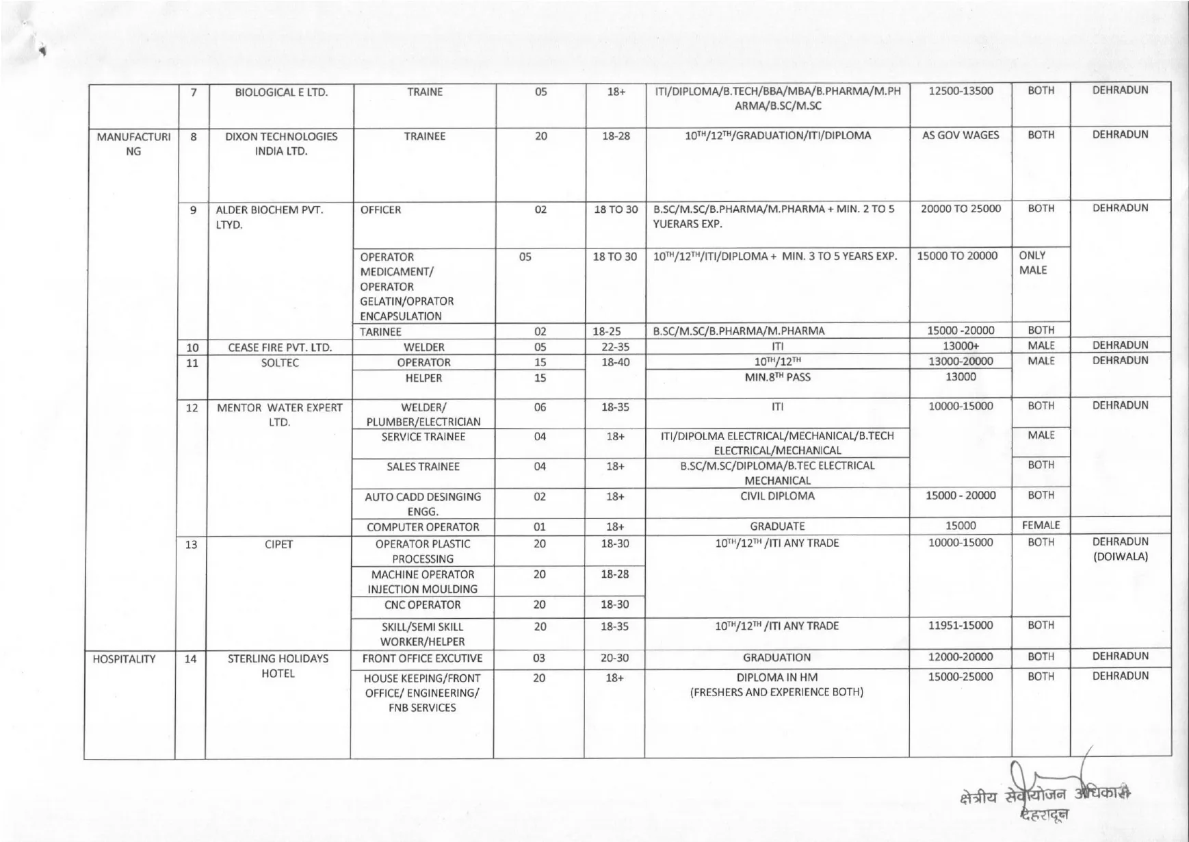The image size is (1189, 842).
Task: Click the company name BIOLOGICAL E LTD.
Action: (281, 92)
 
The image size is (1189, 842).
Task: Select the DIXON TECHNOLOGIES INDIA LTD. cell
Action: (281, 144)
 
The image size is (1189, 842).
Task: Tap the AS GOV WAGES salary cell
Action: (960, 136)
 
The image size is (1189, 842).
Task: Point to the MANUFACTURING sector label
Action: (133, 144)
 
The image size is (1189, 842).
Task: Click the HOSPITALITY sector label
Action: (124, 659)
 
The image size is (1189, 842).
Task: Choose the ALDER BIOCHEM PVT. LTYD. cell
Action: (269, 217)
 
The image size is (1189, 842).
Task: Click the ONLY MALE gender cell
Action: (1032, 263)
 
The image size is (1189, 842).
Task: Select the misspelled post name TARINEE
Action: (381, 331)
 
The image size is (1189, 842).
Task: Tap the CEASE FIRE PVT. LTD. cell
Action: (280, 347)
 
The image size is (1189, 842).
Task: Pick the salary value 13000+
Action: (961, 346)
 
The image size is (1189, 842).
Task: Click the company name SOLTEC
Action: (280, 363)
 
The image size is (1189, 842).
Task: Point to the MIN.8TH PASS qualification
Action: (776, 377)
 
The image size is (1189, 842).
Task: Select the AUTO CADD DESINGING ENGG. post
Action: (422, 504)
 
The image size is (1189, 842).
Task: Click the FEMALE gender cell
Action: (1041, 526)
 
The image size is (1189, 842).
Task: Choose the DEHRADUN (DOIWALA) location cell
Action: (1120, 549)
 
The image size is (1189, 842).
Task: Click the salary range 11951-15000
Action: (960, 626)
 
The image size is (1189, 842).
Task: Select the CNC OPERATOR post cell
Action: (422, 605)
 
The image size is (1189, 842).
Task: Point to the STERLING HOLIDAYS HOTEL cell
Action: (278, 666)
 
